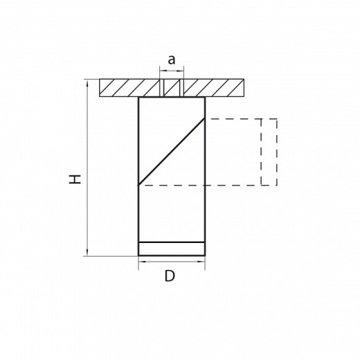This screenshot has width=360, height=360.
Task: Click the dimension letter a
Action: [x=171, y=61]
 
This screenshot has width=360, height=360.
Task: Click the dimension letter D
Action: [x=170, y=277]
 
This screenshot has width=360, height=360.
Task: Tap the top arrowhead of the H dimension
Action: [x=87, y=83]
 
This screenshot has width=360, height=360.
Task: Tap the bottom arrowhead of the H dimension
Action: [x=87, y=253]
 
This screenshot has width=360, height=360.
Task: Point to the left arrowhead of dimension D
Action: [x=141, y=262]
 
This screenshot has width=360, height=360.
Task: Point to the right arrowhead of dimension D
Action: [x=202, y=262]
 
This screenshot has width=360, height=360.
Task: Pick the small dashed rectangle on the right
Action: [x=269, y=152]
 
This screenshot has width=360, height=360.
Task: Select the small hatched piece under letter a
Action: [x=171, y=89]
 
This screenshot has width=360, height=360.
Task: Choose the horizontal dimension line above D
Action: [x=172, y=262]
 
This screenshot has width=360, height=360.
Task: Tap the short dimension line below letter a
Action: [x=171, y=71]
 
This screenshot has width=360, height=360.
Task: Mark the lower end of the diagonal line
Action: [x=140, y=184]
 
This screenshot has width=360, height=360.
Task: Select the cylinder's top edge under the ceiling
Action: [x=172, y=98]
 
